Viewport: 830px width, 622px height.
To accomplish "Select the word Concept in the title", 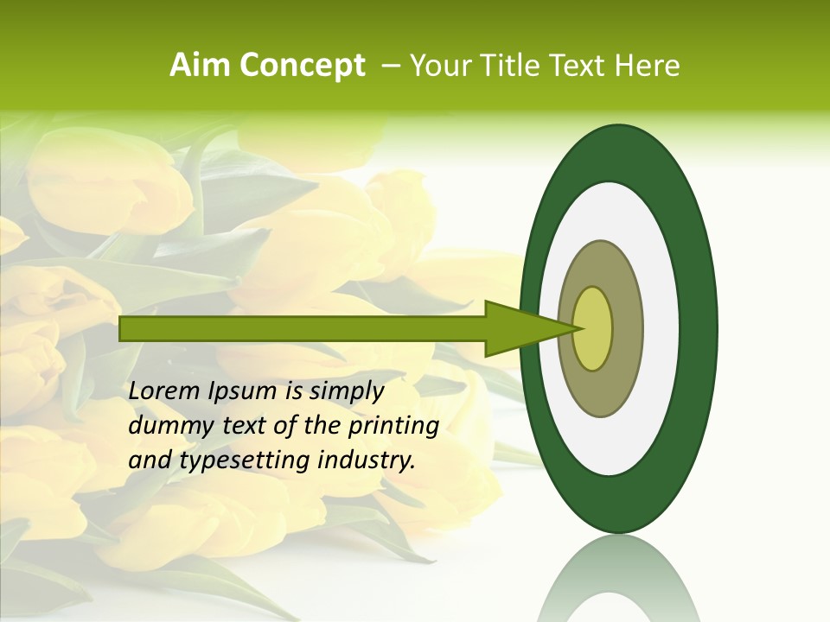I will (x=303, y=67).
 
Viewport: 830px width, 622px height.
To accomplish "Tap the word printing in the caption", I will (x=393, y=427).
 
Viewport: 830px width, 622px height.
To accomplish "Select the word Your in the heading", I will (x=436, y=66).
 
